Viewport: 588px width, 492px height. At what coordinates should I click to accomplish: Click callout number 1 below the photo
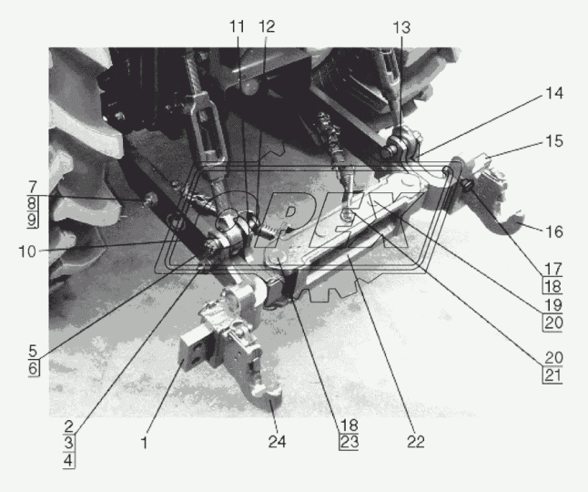(x=144, y=443)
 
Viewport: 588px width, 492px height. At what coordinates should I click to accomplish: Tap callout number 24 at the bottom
(x=277, y=442)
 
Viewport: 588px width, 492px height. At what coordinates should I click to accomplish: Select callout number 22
(x=415, y=442)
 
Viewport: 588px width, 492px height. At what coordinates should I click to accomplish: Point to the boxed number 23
(x=349, y=442)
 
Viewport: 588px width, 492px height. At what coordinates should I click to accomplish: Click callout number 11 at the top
(x=237, y=27)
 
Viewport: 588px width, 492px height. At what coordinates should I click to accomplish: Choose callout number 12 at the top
(x=267, y=26)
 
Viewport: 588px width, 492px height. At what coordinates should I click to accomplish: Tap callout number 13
(x=401, y=27)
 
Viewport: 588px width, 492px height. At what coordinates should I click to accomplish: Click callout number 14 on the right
(x=554, y=93)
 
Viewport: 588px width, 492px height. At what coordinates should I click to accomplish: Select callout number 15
(x=554, y=141)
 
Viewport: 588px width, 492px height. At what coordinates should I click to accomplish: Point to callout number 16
(x=554, y=231)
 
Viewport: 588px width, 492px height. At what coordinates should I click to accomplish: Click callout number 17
(x=553, y=269)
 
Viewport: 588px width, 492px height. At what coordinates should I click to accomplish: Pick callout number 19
(x=553, y=304)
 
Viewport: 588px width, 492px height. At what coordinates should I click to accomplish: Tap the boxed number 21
(x=553, y=374)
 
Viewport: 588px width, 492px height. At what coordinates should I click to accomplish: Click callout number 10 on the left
(x=27, y=251)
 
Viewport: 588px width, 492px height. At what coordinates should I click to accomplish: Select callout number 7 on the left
(x=33, y=187)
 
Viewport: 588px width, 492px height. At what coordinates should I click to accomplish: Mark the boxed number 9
(x=32, y=220)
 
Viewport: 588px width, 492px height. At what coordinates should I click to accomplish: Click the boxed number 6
(x=33, y=368)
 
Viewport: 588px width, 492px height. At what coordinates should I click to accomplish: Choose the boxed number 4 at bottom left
(x=68, y=460)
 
